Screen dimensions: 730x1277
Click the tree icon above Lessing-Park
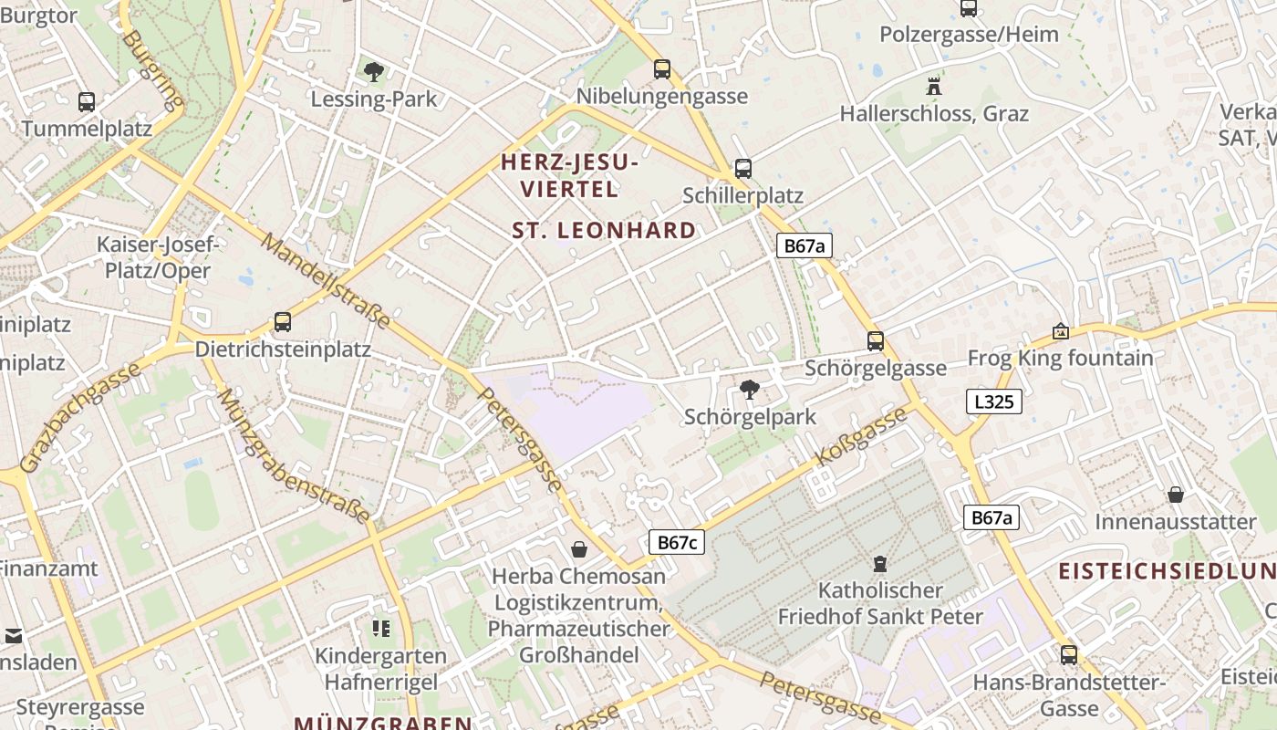[373, 71]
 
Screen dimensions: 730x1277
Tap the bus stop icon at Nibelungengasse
[662, 68]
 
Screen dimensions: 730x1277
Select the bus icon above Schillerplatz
[743, 168]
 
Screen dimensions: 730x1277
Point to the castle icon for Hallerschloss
[934, 87]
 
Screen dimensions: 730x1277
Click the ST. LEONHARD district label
[604, 230]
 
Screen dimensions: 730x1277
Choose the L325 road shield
[993, 401]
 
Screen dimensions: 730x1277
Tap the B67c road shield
[678, 542]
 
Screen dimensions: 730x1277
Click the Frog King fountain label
[1060, 358]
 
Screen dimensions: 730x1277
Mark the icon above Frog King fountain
[1060, 330]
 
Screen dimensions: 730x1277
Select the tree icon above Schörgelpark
[750, 390]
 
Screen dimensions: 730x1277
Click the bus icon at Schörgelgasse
[876, 341]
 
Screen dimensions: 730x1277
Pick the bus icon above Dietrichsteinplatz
[283, 322]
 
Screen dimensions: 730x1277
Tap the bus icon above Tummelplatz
[87, 101]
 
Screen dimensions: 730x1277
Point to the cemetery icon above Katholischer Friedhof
[880, 564]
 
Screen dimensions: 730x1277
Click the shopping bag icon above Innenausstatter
[1176, 495]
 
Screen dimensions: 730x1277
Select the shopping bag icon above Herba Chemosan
[579, 548]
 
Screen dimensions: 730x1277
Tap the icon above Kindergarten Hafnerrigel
[380, 628]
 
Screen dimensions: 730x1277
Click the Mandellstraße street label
[326, 281]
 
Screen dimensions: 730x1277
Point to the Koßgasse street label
[861, 437]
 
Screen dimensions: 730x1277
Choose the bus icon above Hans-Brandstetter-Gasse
[1069, 654]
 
